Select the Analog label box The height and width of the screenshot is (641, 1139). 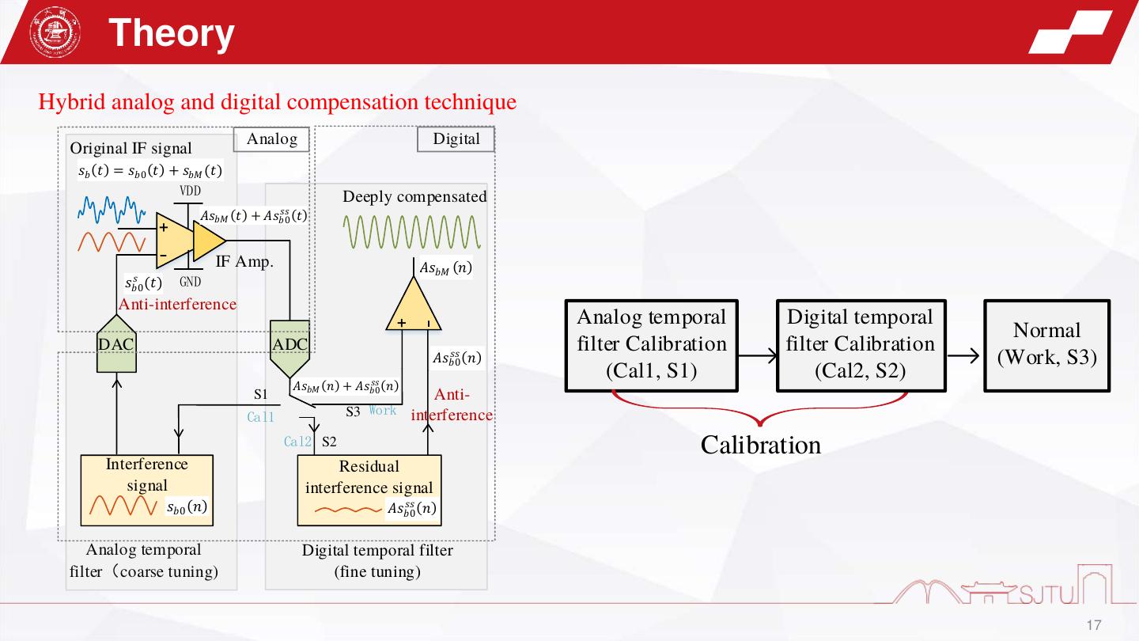point(271,140)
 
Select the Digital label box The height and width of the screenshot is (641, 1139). point(456,140)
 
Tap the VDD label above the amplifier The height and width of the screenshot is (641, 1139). point(190,191)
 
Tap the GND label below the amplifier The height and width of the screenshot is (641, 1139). point(190,282)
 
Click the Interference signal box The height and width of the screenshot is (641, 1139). point(147,491)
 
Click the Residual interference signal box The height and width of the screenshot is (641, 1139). point(369,491)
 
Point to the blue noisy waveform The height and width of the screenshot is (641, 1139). point(112,210)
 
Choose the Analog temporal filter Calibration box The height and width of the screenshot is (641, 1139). point(651,345)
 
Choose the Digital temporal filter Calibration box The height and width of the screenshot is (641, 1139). point(861,345)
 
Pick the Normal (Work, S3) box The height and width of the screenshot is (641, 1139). point(1046,345)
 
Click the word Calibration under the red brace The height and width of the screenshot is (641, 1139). point(760,446)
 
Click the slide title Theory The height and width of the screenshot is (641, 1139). point(171,33)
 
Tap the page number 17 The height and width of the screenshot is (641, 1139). point(1094,625)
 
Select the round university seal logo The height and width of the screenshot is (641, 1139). point(50,33)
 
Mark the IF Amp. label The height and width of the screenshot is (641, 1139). point(244,262)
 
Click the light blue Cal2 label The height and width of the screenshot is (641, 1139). point(298,442)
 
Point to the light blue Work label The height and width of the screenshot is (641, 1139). point(383,411)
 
